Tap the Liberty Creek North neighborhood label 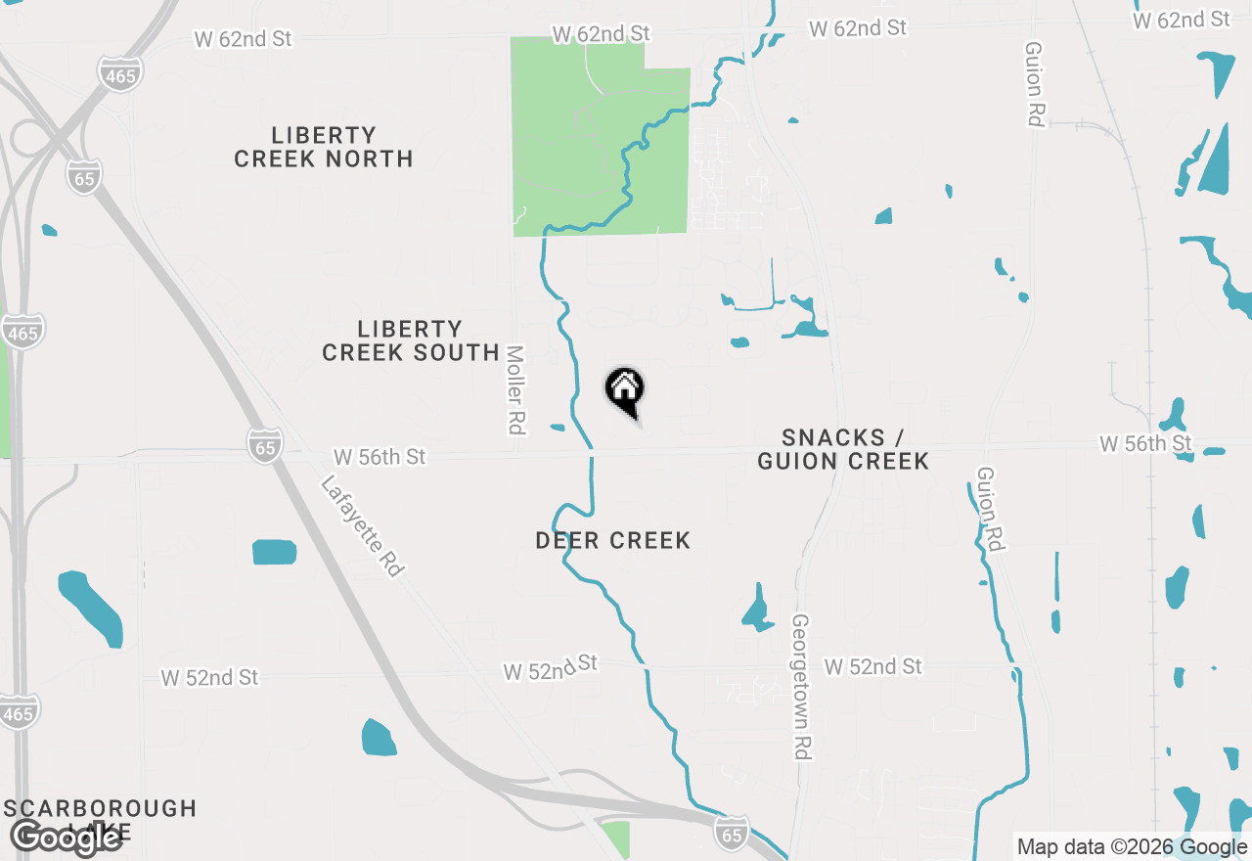coord(324,147)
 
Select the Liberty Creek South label coord(411,340)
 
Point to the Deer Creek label coord(613,540)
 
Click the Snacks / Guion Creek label coord(843,449)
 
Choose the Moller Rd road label coord(515,389)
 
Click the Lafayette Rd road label coord(362,526)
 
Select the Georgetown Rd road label coord(802,687)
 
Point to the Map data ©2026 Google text coord(1132,847)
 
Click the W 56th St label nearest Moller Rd coord(380,457)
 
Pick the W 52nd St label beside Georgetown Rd coord(872,666)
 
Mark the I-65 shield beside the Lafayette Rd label coord(265,445)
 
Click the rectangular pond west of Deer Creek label coord(274,552)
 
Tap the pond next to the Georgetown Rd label coord(757,610)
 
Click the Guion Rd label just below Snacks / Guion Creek coord(990,509)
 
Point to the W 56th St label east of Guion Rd coord(1145,444)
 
